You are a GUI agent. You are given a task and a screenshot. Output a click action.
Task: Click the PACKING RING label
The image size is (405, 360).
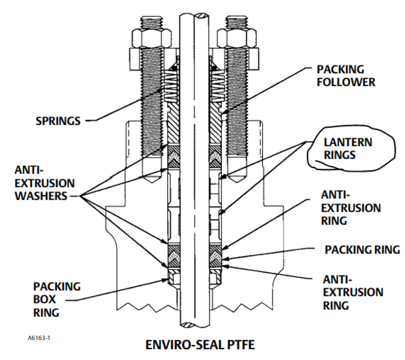[x=362, y=250]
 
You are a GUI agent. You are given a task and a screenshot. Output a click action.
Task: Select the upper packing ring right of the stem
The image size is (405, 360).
[x=215, y=157]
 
